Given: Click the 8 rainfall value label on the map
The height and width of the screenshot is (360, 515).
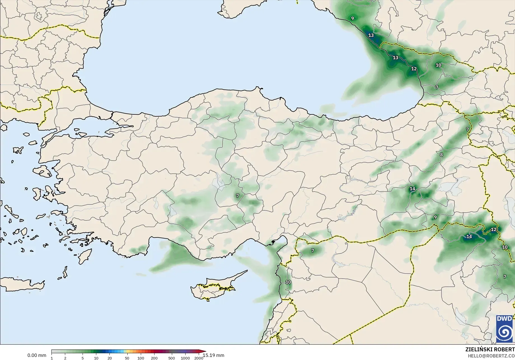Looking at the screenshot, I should (441, 155).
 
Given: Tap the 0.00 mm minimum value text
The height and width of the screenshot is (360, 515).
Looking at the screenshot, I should (37, 355).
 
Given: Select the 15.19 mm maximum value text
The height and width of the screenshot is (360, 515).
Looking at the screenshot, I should (214, 355).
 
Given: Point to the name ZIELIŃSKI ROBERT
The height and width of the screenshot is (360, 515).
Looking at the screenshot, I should (490, 349).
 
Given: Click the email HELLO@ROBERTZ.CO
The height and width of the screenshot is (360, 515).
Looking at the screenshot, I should (491, 356).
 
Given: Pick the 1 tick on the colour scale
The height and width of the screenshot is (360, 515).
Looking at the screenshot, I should (52, 358).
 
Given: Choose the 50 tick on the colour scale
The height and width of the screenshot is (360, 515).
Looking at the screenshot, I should (127, 358).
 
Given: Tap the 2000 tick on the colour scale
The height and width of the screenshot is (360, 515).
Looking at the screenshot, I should (199, 358).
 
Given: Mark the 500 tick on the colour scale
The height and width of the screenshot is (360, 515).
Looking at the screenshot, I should (172, 358).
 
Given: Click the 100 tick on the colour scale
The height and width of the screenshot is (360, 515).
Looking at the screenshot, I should (141, 358).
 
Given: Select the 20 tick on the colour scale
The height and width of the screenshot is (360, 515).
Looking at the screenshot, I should (110, 358).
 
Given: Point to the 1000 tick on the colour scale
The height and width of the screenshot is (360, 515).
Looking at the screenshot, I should (185, 358).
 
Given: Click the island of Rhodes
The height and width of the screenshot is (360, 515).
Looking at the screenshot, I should (85, 256).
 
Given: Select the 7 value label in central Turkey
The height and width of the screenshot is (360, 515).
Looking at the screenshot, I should (238, 196).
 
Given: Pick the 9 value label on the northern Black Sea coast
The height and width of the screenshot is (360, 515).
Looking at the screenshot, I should (352, 18).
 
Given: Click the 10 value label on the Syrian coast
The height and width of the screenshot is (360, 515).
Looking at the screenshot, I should (288, 282).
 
